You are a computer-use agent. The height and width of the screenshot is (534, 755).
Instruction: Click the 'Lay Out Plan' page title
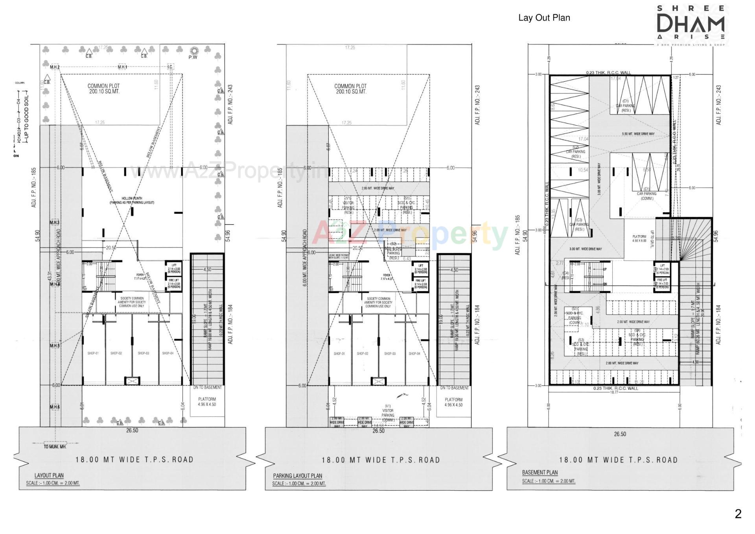click(544, 18)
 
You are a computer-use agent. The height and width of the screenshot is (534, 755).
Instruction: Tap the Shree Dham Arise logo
click(691, 24)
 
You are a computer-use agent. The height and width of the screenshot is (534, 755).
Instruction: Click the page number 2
click(738, 514)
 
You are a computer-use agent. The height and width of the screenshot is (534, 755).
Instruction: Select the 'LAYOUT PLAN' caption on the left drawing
click(49, 475)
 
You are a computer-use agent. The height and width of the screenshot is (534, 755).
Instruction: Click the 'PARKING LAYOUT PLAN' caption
click(297, 476)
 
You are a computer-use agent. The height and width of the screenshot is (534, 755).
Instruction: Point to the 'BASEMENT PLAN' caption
click(540, 472)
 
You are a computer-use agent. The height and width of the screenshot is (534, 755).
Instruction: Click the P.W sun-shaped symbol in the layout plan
click(193, 51)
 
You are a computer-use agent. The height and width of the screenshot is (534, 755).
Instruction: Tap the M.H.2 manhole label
click(55, 67)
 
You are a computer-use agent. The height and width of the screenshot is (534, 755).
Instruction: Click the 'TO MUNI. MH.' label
click(55, 447)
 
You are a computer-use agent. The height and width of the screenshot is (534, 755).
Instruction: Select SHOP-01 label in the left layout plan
click(93, 353)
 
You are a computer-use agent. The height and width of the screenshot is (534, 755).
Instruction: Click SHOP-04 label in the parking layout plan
click(414, 354)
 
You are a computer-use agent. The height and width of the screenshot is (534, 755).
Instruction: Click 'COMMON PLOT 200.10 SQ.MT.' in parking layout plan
click(350, 89)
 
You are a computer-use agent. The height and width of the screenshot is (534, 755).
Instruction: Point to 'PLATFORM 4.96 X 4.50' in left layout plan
click(207, 402)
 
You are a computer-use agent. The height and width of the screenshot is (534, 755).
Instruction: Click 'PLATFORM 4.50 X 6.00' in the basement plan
click(639, 238)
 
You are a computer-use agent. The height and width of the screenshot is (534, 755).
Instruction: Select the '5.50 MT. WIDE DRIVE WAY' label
click(638, 134)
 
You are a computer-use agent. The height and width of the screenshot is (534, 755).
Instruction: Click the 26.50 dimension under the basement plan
click(620, 434)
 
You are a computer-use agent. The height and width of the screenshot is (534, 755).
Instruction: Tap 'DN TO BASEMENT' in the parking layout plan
click(454, 388)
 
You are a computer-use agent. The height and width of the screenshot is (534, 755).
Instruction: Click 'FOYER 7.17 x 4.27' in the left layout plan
click(140, 277)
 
